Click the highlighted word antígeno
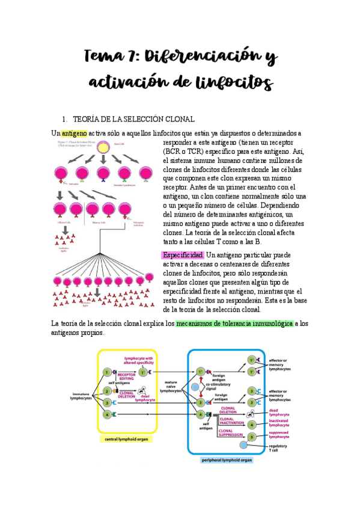click(75, 133)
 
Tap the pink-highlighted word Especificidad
click(184, 255)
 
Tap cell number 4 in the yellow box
click(107, 415)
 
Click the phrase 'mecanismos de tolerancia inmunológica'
click(234, 324)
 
